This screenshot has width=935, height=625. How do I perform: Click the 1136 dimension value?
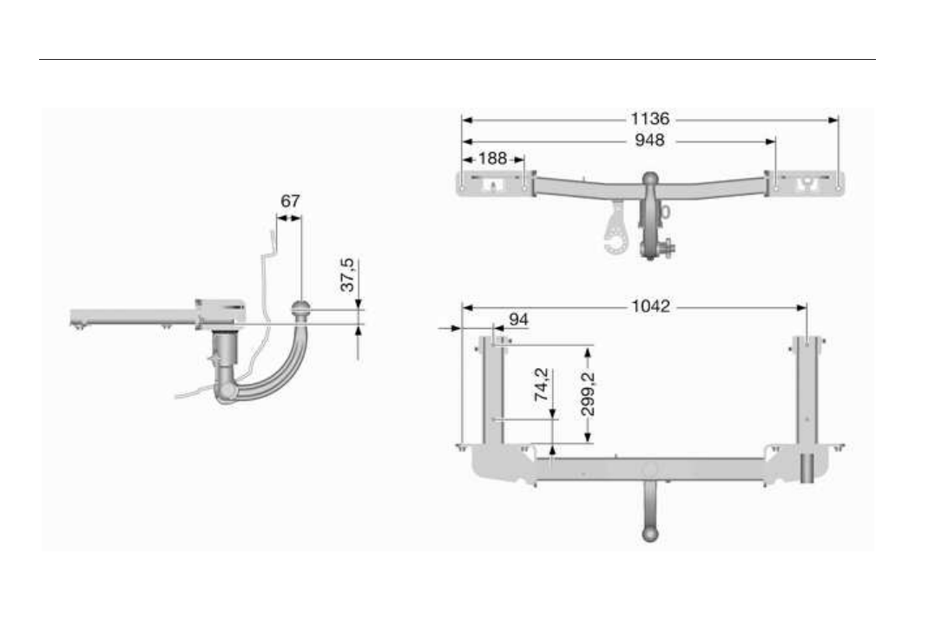point(650,119)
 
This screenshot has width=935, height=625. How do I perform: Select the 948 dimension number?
point(649,140)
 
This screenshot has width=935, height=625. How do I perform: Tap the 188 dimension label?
point(492,159)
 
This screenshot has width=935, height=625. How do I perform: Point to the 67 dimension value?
point(290,201)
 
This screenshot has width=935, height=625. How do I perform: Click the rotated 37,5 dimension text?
point(347,274)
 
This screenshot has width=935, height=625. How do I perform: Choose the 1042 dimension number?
point(650,306)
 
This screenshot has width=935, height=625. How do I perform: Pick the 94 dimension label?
point(518,319)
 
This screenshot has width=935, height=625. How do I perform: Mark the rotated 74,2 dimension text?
point(542,384)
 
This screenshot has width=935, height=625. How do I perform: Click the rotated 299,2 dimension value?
point(588,393)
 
